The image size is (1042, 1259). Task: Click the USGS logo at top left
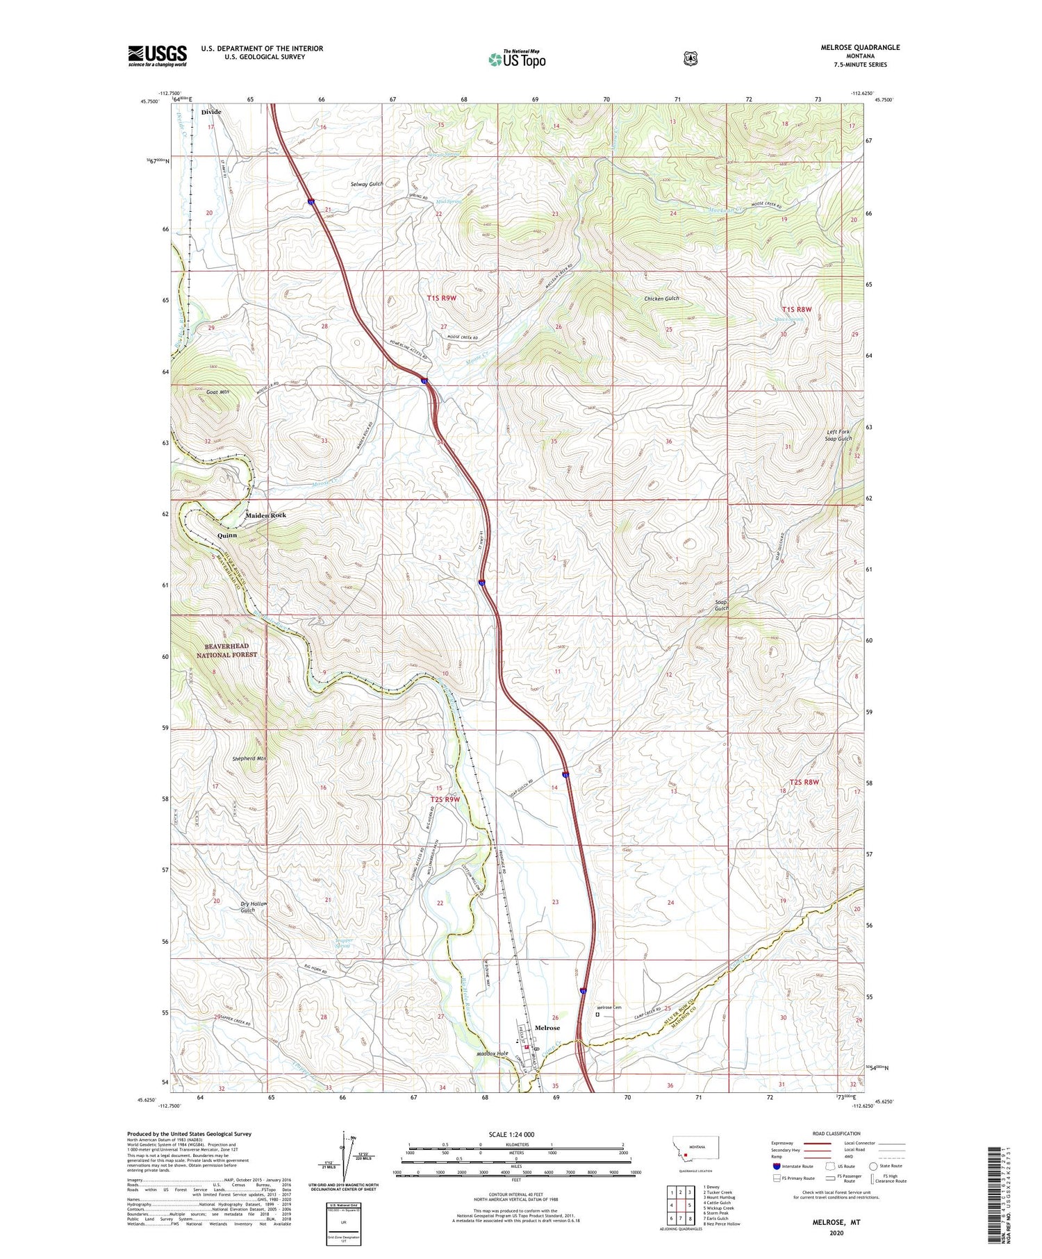pos(157,56)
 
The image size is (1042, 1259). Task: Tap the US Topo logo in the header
pos(516,59)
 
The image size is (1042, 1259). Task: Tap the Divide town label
pos(211,112)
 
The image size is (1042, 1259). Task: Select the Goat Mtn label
pos(217,392)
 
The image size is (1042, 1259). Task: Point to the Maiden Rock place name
pos(265,515)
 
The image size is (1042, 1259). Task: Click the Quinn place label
pos(226,535)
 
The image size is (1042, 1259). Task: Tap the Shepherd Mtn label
pos(249,759)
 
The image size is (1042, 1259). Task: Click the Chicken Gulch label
pos(661,299)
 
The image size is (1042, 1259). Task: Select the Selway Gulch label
pos(367,184)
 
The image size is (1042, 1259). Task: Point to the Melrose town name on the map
pos(547,1028)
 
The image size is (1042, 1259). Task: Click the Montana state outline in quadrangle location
pos(694,1149)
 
